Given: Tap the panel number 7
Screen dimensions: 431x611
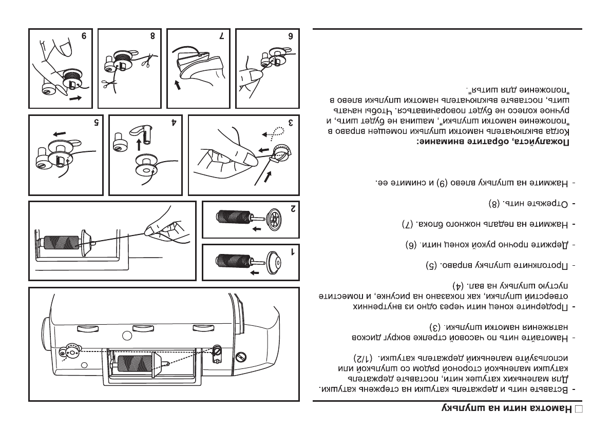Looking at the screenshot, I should (221, 37).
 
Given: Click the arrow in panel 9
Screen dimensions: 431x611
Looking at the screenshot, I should (74, 97).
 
